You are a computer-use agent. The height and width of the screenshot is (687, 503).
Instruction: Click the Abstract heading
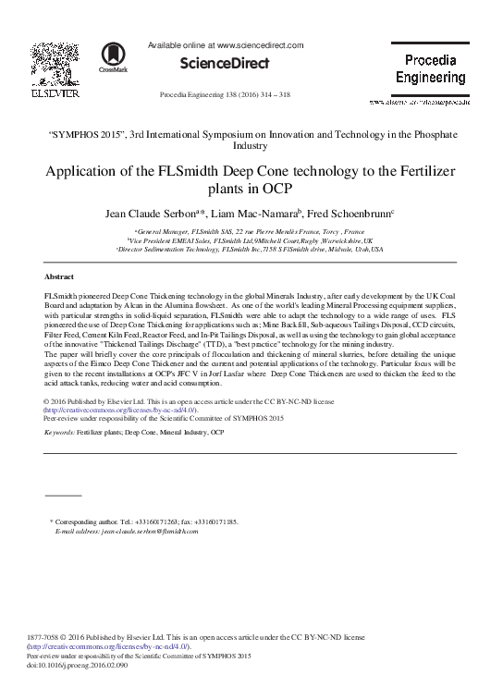point(59,276)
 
